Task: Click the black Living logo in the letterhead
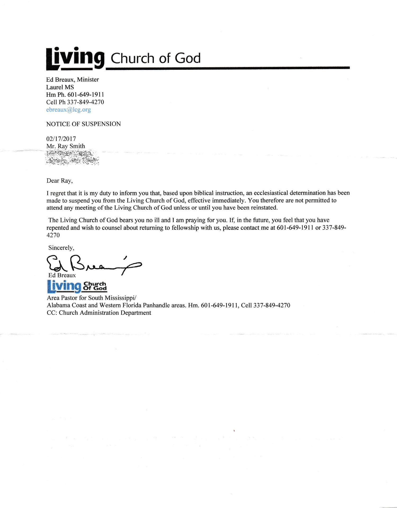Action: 75,58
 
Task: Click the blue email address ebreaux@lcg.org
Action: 69,110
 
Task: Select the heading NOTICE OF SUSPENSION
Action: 83,124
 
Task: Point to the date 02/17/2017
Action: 61,139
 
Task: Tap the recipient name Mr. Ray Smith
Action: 66,146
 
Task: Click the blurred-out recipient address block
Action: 73,158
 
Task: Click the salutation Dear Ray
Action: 60,181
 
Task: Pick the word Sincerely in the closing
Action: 61,248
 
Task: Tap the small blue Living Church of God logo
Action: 77,286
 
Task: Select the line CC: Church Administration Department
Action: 99,313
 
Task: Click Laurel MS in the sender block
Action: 60,87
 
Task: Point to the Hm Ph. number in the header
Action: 85,95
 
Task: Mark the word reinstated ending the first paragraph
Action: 264,208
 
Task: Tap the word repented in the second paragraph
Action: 57,228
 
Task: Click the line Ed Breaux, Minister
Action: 73,80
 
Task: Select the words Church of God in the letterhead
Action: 156,58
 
